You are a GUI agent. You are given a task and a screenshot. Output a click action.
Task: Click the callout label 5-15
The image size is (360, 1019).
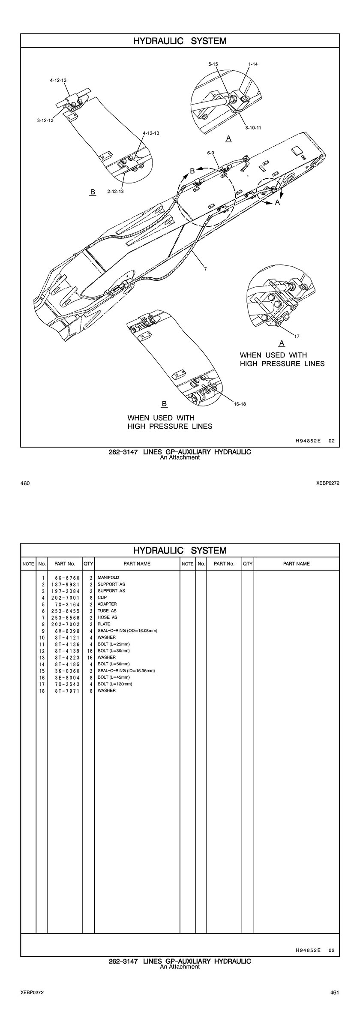point(213,64)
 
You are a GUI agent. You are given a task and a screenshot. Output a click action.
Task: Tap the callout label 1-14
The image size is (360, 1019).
point(253,64)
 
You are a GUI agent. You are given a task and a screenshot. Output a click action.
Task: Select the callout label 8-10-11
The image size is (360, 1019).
point(253,128)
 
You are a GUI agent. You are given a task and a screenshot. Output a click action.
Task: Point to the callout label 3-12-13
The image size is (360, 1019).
point(45,120)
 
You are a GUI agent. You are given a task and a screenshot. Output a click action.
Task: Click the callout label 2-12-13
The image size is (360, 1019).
point(115,191)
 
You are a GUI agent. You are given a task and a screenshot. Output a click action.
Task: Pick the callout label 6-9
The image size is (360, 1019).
point(210,153)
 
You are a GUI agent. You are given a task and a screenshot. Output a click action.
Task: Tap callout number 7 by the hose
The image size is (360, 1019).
point(205,269)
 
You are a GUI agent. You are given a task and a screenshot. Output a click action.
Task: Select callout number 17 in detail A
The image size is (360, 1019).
point(297,336)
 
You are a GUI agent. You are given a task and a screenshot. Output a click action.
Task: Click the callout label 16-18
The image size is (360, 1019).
point(240,403)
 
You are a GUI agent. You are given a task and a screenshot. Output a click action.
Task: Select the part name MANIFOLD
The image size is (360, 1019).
point(108,577)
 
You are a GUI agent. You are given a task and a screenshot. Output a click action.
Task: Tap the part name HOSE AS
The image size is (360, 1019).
point(107,617)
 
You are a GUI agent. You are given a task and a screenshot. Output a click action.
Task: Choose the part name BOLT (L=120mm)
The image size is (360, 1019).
point(114,684)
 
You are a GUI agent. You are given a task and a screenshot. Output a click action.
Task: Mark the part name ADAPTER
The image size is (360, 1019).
point(107,604)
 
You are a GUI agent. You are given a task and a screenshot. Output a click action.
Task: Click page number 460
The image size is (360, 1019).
point(25,483)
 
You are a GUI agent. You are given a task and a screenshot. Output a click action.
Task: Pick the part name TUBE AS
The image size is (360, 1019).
point(107,610)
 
